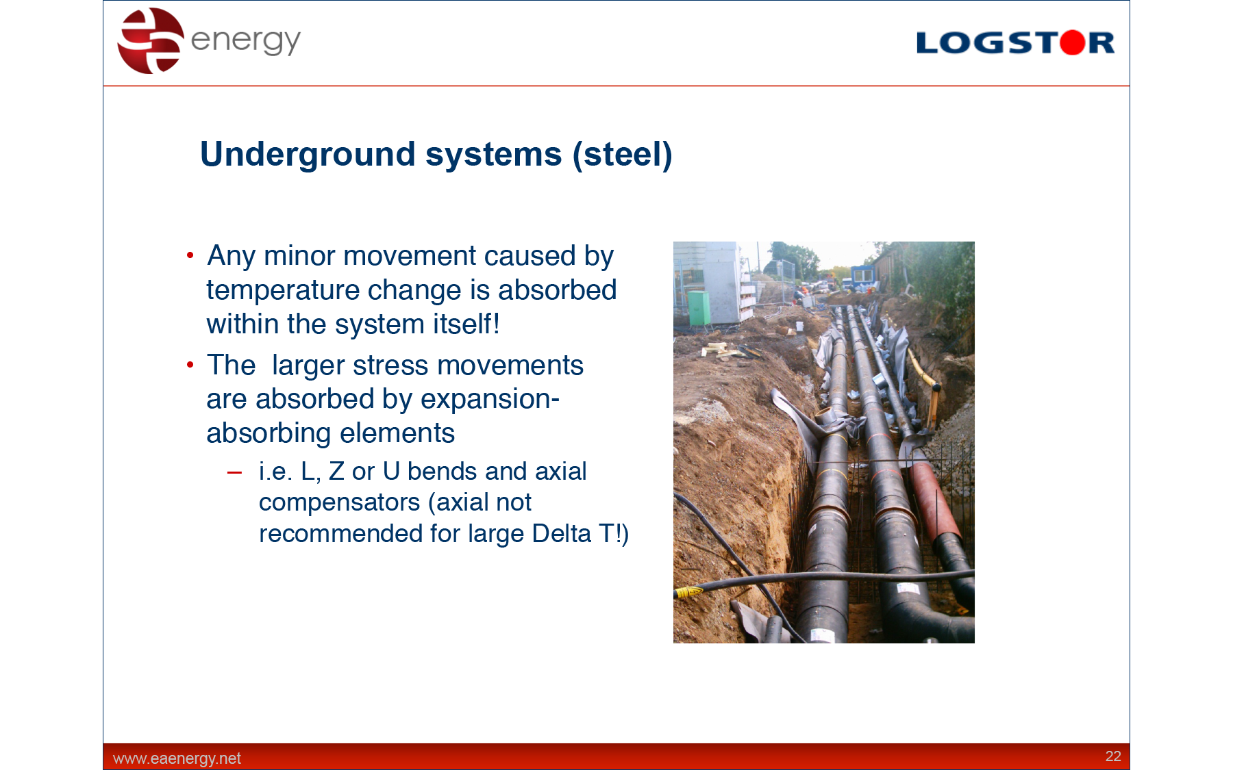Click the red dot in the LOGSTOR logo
click(x=1073, y=42)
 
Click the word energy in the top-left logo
click(x=245, y=41)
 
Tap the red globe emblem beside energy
click(x=151, y=40)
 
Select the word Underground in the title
click(x=308, y=155)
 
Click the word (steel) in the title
click(x=623, y=155)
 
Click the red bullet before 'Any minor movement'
click(x=190, y=256)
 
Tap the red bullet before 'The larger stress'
click(x=190, y=365)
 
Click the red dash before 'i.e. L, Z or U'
click(x=234, y=472)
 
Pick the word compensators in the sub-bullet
click(x=339, y=503)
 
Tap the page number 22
click(x=1113, y=756)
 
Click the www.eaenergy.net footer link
click(x=177, y=758)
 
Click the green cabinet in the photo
click(x=698, y=309)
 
